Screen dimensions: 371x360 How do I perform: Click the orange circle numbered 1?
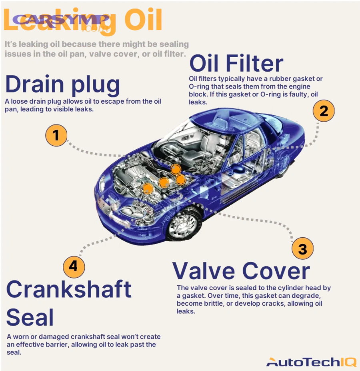coord(56,136)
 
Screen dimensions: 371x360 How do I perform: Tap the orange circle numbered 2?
coord(323,110)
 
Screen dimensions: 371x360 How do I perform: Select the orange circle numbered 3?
coord(302,249)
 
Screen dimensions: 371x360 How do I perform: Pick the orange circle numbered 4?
coord(74,265)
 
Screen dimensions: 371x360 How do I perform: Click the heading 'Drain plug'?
coord(62,84)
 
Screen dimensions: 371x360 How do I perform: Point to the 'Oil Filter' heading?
coord(236,63)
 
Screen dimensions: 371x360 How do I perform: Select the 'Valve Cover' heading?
coord(241,271)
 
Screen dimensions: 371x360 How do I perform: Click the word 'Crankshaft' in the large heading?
coord(69,289)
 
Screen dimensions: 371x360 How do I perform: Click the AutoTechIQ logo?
coord(311,362)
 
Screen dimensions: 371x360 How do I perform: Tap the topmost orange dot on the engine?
coord(176,169)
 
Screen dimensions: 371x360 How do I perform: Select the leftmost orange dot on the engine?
coord(148,188)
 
